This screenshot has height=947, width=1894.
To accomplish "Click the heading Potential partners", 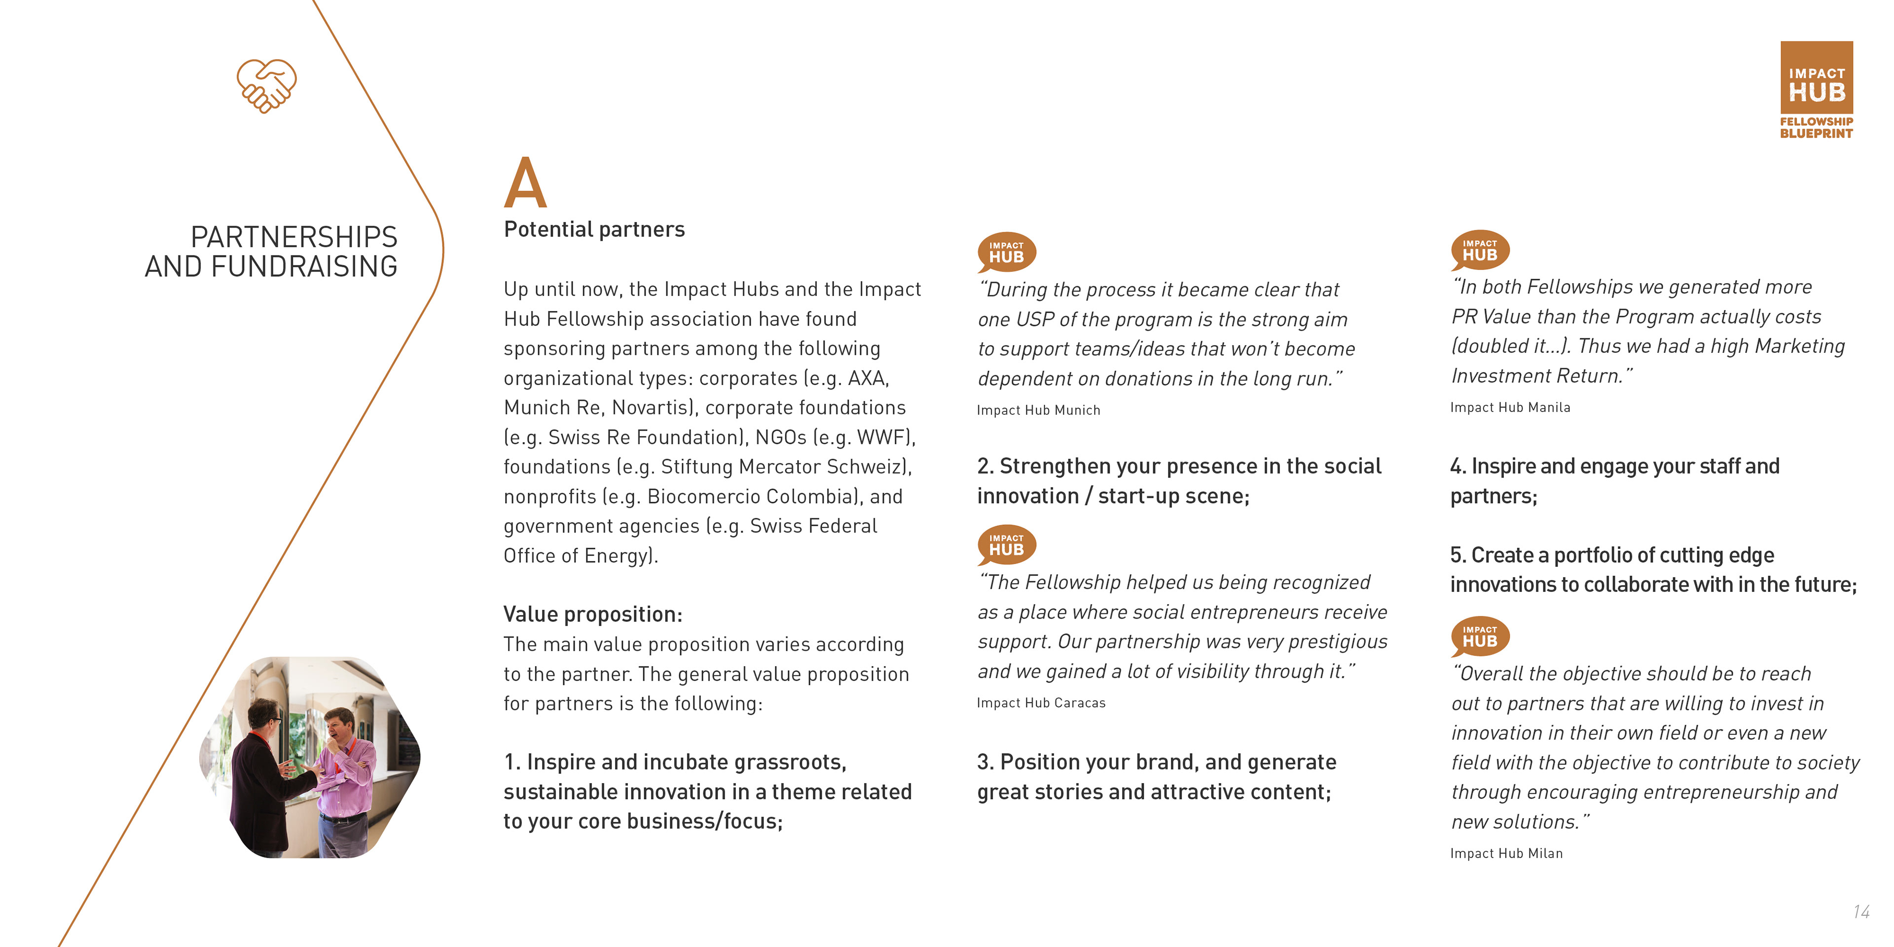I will coord(594,229).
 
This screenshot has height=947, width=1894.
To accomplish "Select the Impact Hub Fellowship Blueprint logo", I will coord(1816,90).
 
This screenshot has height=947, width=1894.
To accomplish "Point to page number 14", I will coord(1861,911).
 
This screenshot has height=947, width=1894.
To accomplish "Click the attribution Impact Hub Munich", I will coord(1038,410).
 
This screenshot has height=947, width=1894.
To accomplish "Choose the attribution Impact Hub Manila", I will coord(1510,407).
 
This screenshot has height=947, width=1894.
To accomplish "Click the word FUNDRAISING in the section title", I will coord(304,266).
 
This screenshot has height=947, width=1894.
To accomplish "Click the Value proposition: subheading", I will coord(592,614).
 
